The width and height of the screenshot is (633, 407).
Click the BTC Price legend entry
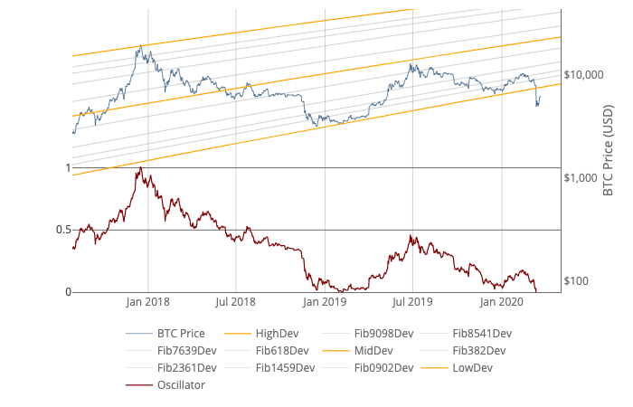coord(180,333)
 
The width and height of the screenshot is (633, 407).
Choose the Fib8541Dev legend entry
coord(482,333)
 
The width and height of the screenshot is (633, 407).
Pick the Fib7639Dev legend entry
coord(187,350)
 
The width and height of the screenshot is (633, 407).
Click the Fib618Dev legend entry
coord(281,350)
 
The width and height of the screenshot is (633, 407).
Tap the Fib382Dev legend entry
coord(478,350)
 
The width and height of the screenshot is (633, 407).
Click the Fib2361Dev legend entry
coord(187,367)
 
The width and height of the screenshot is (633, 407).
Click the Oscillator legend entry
coord(181,384)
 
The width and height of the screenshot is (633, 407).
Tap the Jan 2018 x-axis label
coord(148,301)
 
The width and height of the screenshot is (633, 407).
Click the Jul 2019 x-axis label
coord(413,301)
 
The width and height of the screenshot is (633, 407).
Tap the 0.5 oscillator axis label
coord(62,230)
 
